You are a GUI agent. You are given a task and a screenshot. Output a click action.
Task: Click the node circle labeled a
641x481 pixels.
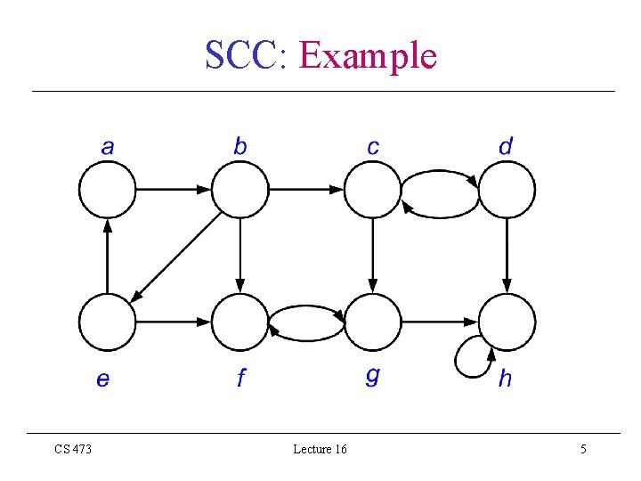pyautogui.click(x=108, y=189)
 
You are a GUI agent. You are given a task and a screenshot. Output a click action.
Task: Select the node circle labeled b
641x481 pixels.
pyautogui.click(x=239, y=189)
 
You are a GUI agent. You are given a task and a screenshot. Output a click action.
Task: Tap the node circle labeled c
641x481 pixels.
pyautogui.click(x=373, y=189)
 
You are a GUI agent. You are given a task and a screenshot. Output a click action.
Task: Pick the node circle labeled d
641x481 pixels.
pyautogui.click(x=507, y=189)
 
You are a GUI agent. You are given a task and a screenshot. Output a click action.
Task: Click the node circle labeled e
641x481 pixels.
pyautogui.click(x=108, y=322)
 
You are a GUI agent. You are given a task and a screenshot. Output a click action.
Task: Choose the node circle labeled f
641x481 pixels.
pyautogui.click(x=239, y=322)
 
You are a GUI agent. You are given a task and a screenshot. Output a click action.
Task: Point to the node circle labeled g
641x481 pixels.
pyautogui.click(x=373, y=322)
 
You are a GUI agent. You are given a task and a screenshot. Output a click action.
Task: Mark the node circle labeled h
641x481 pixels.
pyautogui.click(x=507, y=322)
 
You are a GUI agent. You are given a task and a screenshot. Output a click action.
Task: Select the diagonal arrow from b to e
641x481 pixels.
pyautogui.click(x=178, y=256)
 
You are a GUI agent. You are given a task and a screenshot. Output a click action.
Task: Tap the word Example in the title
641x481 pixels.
pyautogui.click(x=368, y=55)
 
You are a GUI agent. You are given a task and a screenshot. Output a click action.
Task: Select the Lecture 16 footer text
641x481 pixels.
pyautogui.click(x=320, y=450)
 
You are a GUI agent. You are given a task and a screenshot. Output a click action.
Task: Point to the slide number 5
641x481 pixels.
pyautogui.click(x=583, y=450)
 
